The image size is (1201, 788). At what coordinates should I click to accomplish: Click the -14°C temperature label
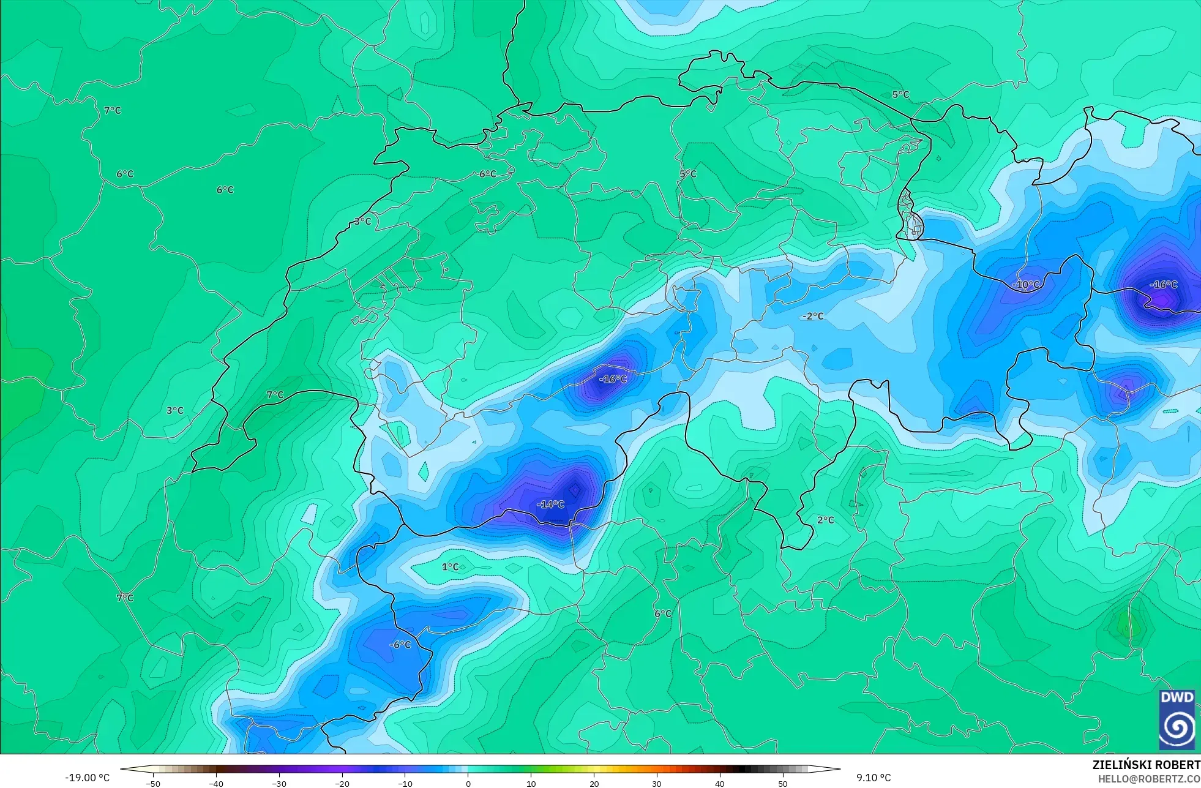[550, 505]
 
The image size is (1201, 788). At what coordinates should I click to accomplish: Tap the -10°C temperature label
[1026, 285]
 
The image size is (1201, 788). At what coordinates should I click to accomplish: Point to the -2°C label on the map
[814, 317]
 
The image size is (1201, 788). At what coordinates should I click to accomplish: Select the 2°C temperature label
[826, 520]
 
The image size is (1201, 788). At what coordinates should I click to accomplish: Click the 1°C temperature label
[451, 567]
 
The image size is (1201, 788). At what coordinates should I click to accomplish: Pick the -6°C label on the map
[400, 645]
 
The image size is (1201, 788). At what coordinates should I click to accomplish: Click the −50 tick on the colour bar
[153, 783]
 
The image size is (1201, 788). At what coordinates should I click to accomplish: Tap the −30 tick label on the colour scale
[279, 783]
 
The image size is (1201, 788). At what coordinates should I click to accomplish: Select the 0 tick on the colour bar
[468, 783]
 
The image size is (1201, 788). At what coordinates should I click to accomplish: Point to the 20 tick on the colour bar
[594, 783]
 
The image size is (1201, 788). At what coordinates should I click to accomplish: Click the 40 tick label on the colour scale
[720, 783]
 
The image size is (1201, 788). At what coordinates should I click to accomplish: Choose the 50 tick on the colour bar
[783, 783]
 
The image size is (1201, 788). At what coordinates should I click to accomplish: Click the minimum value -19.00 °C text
[88, 778]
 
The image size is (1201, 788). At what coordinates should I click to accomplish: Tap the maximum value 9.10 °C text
[874, 778]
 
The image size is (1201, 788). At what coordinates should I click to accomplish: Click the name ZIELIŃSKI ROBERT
[1146, 765]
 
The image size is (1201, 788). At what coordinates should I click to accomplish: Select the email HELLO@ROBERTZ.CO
[1149, 779]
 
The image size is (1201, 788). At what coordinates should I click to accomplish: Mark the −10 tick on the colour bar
[405, 783]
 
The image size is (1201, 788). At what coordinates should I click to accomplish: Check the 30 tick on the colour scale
[657, 783]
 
